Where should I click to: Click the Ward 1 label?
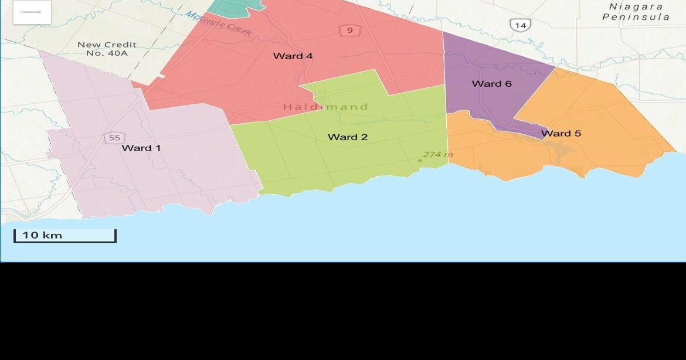pyautogui.click(x=141, y=148)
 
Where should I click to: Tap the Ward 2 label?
pyautogui.click(x=348, y=137)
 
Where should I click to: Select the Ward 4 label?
pyautogui.click(x=293, y=56)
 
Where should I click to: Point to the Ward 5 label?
pyautogui.click(x=561, y=134)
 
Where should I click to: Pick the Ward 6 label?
pyautogui.click(x=491, y=84)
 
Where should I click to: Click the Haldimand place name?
pyautogui.click(x=325, y=107)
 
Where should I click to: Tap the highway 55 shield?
pyautogui.click(x=114, y=138)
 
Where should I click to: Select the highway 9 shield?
pyautogui.click(x=350, y=30)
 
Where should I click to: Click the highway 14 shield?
pyautogui.click(x=520, y=25)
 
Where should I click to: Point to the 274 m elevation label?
pyautogui.click(x=438, y=155)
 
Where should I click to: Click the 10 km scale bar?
pyautogui.click(x=64, y=236)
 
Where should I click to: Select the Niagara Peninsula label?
pyautogui.click(x=636, y=12)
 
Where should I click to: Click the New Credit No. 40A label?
pyautogui.click(x=107, y=49)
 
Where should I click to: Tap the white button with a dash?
pyautogui.click(x=32, y=12)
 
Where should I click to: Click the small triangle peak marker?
pyautogui.click(x=419, y=159)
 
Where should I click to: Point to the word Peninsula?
pyautogui.click(x=636, y=17)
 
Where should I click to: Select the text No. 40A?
pyautogui.click(x=107, y=53)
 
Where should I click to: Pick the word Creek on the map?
pyautogui.click(x=239, y=29)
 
